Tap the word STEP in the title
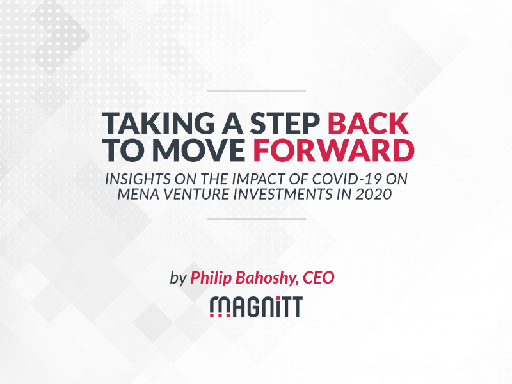(285, 124)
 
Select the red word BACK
(368, 124)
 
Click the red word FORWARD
(333, 150)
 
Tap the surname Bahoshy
(267, 278)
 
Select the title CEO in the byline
(318, 278)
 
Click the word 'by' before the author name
(178, 278)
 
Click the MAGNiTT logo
(256, 307)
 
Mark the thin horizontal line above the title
(257, 91)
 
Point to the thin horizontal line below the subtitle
(257, 219)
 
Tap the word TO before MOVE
(125, 150)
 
